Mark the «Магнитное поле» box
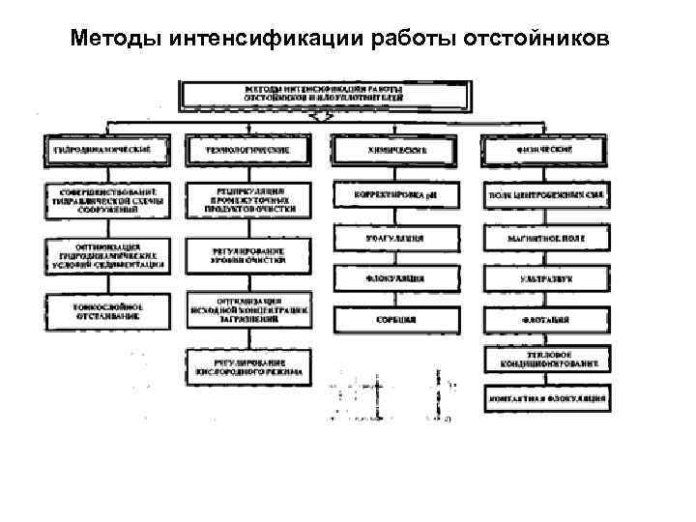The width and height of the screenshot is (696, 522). (x=545, y=237)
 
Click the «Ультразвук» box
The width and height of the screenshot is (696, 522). (x=545, y=278)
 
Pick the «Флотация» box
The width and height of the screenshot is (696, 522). (x=545, y=319)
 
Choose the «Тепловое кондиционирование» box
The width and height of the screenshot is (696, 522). (x=545, y=360)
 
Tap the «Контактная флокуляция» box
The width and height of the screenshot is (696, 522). (x=545, y=397)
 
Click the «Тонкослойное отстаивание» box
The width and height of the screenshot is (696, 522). (x=105, y=309)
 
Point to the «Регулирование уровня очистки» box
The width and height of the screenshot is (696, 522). (x=249, y=254)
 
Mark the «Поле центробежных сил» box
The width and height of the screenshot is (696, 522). (x=545, y=195)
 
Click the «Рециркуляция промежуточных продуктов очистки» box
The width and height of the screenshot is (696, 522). (x=249, y=199)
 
